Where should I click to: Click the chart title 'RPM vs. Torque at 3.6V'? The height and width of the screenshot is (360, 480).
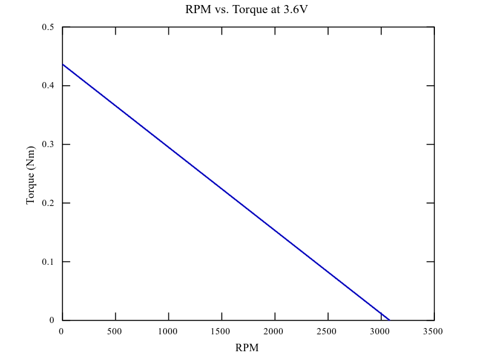click(247, 10)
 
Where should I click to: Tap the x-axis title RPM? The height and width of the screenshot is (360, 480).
click(247, 347)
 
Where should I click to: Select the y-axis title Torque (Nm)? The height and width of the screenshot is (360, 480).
click(30, 174)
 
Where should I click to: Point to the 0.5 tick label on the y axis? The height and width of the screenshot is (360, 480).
click(48, 28)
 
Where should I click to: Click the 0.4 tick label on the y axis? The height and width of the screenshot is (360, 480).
click(48, 86)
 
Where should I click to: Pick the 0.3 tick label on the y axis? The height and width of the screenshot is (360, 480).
click(48, 145)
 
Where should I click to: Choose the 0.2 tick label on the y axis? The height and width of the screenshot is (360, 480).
click(48, 203)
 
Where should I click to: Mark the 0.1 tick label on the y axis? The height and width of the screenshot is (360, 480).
click(48, 262)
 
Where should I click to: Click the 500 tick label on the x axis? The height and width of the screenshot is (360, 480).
click(115, 331)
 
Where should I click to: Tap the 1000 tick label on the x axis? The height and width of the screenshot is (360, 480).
click(168, 331)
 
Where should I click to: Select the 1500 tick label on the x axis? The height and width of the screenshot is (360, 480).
click(221, 331)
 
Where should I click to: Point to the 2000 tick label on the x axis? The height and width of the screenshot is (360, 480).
click(274, 331)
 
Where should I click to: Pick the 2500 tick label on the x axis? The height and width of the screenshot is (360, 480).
click(327, 331)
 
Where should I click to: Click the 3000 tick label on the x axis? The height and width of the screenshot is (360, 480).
click(380, 331)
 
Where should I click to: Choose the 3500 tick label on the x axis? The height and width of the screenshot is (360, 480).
click(433, 331)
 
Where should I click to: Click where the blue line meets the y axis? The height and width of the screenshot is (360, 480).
click(63, 64)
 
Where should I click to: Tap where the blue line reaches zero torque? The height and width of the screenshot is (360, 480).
click(390, 320)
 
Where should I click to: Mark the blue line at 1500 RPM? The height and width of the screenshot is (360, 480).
click(222, 188)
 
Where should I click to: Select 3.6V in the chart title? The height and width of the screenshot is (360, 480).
click(295, 10)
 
